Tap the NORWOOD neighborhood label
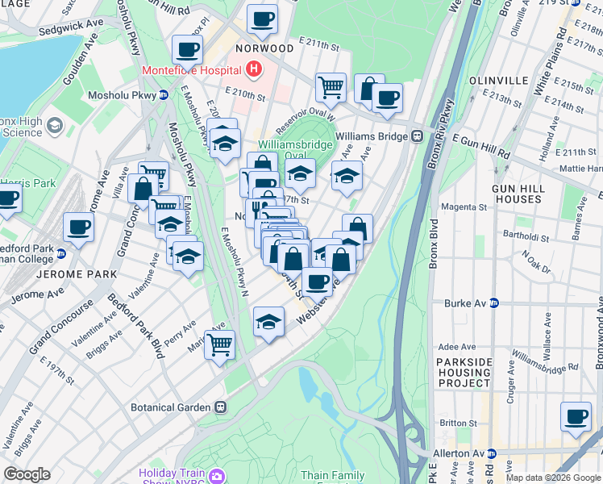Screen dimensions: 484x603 [x=264, y=48]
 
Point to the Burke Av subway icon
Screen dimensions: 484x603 [x=494, y=303]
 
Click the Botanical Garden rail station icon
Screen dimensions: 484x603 [x=220, y=407]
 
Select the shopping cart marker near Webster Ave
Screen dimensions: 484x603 [x=219, y=344]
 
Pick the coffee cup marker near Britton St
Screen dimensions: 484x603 [x=576, y=416]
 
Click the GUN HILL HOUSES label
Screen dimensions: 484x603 [x=519, y=192]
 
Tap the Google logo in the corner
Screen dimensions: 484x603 [x=27, y=474]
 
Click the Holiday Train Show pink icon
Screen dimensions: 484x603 [x=215, y=477]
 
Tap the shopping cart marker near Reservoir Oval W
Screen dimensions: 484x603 [x=331, y=86]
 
